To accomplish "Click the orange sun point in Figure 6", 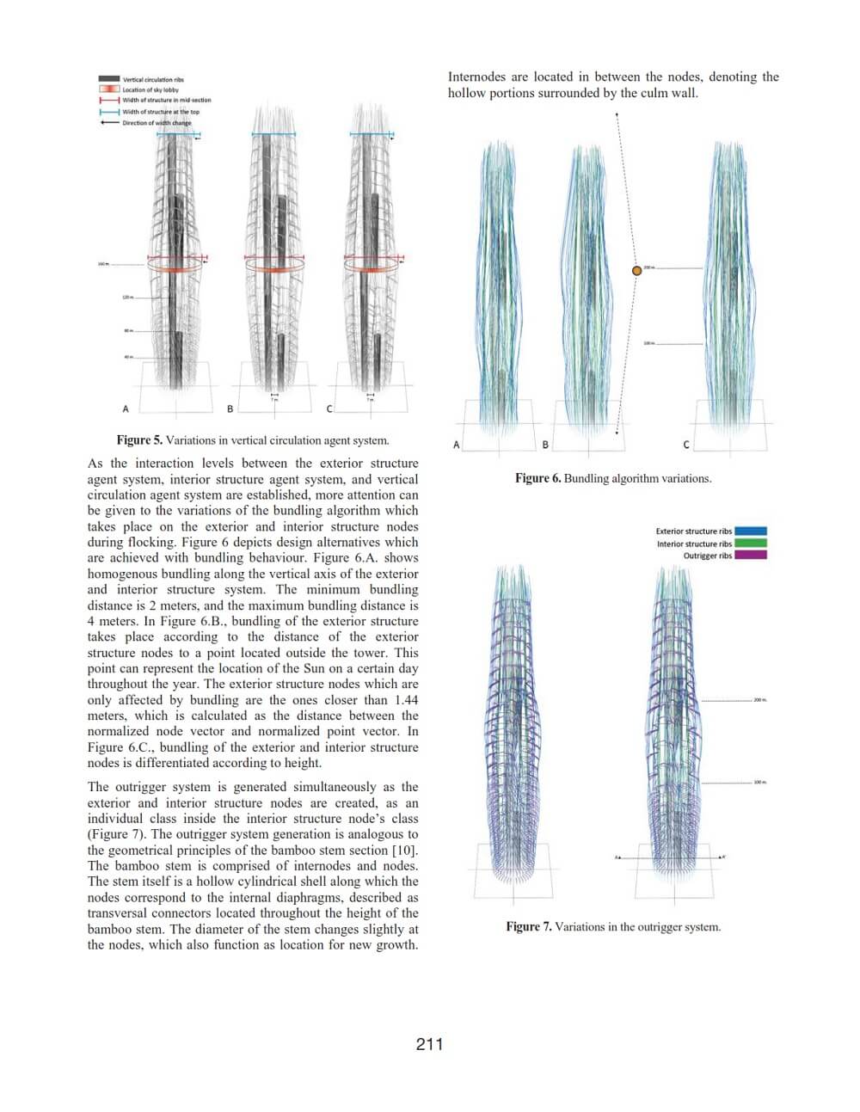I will pos(637,270).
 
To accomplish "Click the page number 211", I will pos(429,1044).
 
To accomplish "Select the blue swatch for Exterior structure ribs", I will pos(751,531).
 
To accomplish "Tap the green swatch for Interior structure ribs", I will pos(751,544).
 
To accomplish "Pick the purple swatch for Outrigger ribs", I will pos(751,556).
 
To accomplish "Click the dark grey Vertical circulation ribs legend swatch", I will pos(109,79).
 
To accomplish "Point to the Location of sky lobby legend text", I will pos(150,89).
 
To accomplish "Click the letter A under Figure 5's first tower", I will pos(126,409).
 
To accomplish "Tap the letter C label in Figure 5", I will pos(329,409).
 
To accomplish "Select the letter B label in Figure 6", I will pos(545,445).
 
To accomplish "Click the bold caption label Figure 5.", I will pos(139,440).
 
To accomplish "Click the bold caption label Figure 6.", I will pos(537,478).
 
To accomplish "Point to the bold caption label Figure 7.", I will pos(529,926).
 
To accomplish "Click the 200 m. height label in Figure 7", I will pos(759,700).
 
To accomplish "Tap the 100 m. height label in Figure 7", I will pos(759,783).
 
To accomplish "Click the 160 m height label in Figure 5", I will pos(102,264).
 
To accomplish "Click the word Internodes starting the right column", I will pos(476,77).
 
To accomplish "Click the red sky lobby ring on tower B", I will pos(275,267).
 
